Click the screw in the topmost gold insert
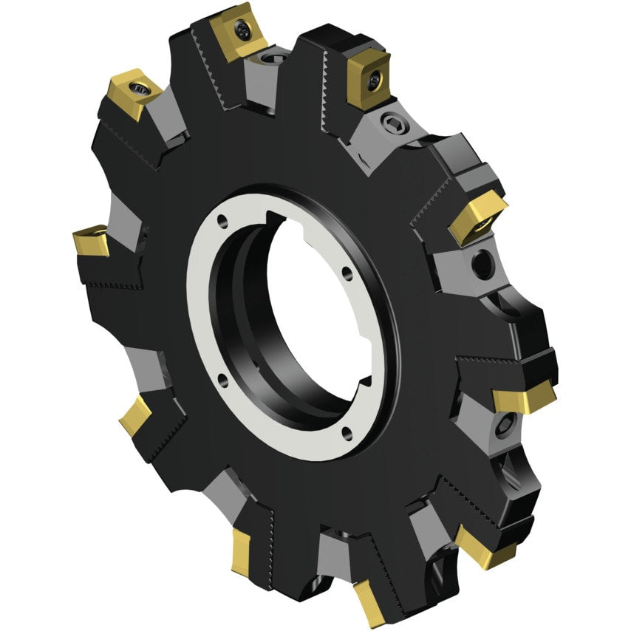[243, 30]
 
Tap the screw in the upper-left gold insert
[138, 88]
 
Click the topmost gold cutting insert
[236, 33]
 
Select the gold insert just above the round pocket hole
[476, 216]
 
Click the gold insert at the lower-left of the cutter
[136, 415]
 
